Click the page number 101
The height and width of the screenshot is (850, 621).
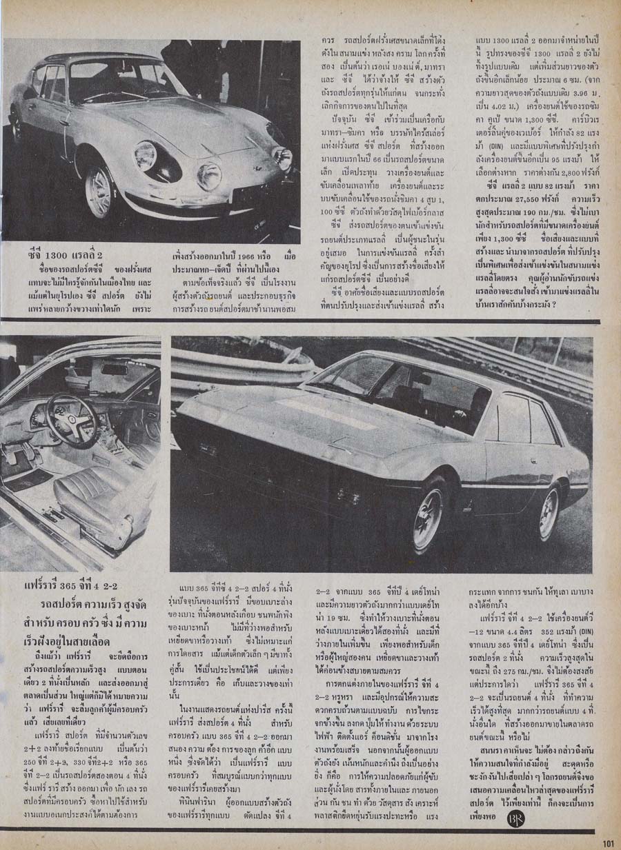pos(608,842)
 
